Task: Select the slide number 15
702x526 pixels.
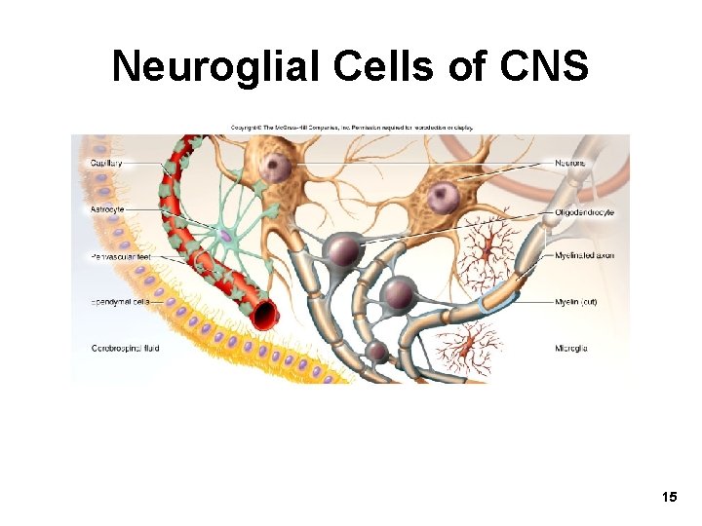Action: (x=669, y=498)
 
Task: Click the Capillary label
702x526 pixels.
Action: (x=106, y=163)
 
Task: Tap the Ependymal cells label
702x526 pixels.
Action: (x=118, y=302)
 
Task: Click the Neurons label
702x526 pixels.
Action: (x=571, y=163)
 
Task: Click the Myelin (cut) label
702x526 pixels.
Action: (x=575, y=302)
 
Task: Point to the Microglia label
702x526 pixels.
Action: (x=571, y=348)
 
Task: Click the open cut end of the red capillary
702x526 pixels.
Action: (x=262, y=313)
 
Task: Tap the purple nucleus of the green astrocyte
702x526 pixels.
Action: (x=225, y=237)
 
